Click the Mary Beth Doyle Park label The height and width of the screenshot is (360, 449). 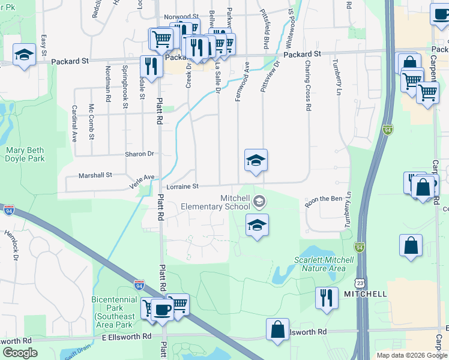coord(25,154)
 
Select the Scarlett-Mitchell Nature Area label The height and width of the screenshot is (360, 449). coord(320,264)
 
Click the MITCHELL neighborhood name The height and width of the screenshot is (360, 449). coord(365,294)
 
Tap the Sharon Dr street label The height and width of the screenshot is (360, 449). coord(139,154)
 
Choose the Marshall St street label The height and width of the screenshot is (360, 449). coord(96,176)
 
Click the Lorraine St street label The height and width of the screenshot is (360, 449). coord(182,187)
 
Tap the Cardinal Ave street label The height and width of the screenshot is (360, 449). coord(74,123)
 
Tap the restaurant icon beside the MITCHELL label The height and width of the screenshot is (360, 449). coord(326,298)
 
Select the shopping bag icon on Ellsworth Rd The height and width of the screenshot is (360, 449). coord(277,329)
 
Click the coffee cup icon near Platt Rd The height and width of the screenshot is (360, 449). coord(161,310)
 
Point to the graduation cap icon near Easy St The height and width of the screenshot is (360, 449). coord(24,55)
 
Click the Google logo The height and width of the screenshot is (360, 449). coord(20,353)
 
